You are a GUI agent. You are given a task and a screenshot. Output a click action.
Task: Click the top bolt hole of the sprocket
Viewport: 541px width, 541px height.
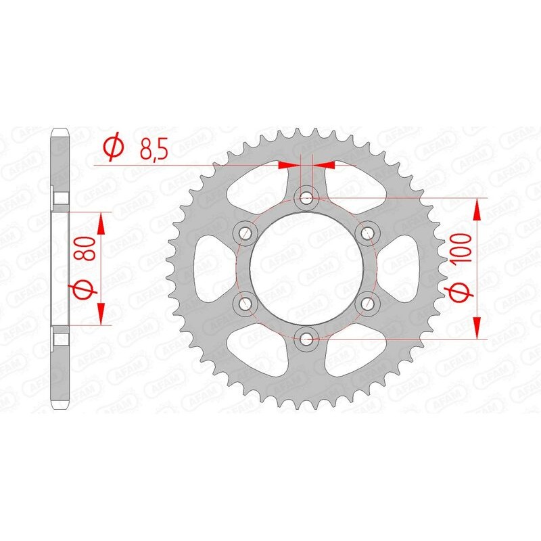tap(307, 197)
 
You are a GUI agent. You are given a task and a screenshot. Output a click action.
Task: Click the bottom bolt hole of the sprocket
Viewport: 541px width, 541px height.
tap(307, 337)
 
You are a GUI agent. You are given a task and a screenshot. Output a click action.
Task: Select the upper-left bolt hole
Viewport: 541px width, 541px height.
tap(245, 233)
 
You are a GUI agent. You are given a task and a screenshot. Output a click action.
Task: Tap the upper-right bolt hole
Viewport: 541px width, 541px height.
tap(368, 233)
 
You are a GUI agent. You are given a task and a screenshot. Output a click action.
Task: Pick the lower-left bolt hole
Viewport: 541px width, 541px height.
tap(245, 302)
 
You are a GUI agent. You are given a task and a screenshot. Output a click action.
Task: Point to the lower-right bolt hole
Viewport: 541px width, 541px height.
tap(368, 302)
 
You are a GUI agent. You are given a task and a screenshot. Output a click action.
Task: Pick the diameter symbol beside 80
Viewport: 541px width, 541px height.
tap(83, 288)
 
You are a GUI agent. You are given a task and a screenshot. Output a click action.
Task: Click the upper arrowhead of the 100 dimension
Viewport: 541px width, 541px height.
tap(478, 209)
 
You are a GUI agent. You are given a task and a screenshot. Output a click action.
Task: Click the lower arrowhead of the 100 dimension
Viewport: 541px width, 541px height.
tap(478, 327)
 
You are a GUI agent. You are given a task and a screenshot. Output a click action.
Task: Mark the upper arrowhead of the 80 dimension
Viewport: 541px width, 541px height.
tap(101, 222)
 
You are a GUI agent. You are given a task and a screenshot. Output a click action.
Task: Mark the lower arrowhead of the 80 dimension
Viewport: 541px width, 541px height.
tap(101, 313)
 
